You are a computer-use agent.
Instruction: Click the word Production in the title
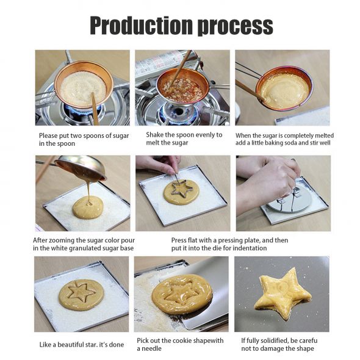tap(141, 25)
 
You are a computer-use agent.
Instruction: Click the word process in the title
tap(235, 27)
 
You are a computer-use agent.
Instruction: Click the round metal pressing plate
tap(290, 200)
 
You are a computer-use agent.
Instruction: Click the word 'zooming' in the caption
tap(61, 240)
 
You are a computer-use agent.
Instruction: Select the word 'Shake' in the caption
tap(154, 135)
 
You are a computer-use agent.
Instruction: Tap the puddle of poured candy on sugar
tap(88, 207)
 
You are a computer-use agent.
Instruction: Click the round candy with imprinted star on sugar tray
tap(81, 295)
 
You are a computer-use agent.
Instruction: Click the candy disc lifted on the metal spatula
tap(182, 294)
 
